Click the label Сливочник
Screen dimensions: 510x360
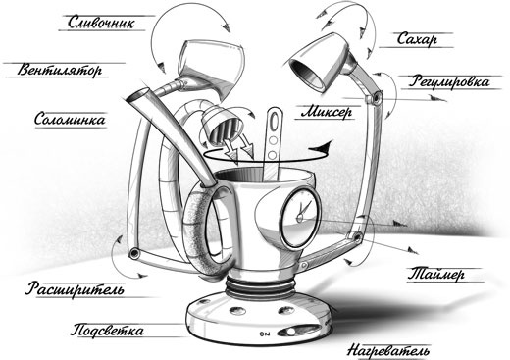point(101,23)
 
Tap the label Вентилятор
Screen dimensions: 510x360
point(60,70)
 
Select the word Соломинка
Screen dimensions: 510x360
point(70,119)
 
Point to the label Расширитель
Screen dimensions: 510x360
point(75,289)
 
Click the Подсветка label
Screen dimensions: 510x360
point(107,331)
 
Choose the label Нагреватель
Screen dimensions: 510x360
point(388,351)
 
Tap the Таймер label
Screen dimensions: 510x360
point(436,274)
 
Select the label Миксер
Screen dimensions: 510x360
point(327,112)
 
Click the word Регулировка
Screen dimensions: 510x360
point(450,81)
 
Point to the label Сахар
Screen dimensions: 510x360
point(417,39)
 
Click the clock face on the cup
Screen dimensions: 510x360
point(300,217)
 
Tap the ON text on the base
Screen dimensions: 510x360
point(265,334)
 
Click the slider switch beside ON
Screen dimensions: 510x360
point(298,331)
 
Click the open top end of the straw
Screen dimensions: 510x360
point(137,95)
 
